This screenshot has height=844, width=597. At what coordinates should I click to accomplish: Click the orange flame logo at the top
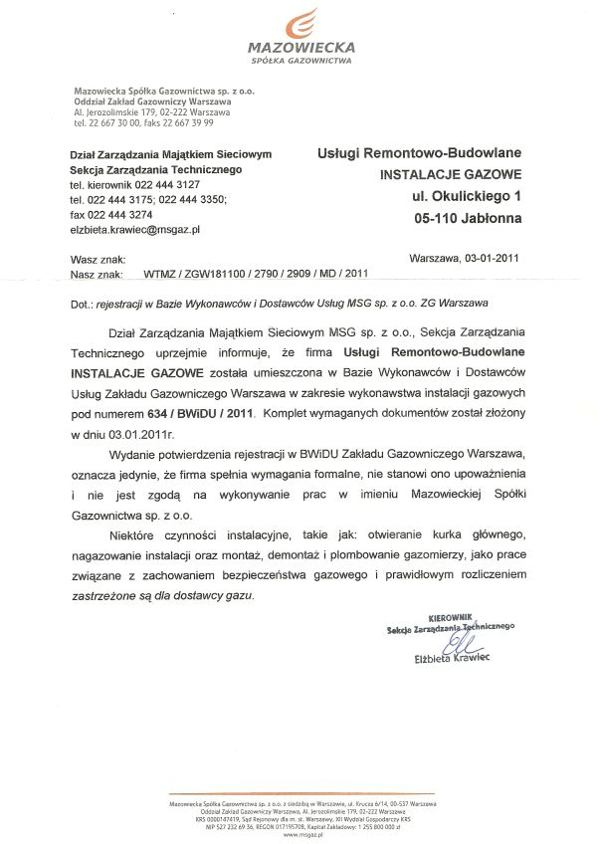coord(304,23)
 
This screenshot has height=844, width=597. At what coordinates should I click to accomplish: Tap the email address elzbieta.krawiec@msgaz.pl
coord(135,229)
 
